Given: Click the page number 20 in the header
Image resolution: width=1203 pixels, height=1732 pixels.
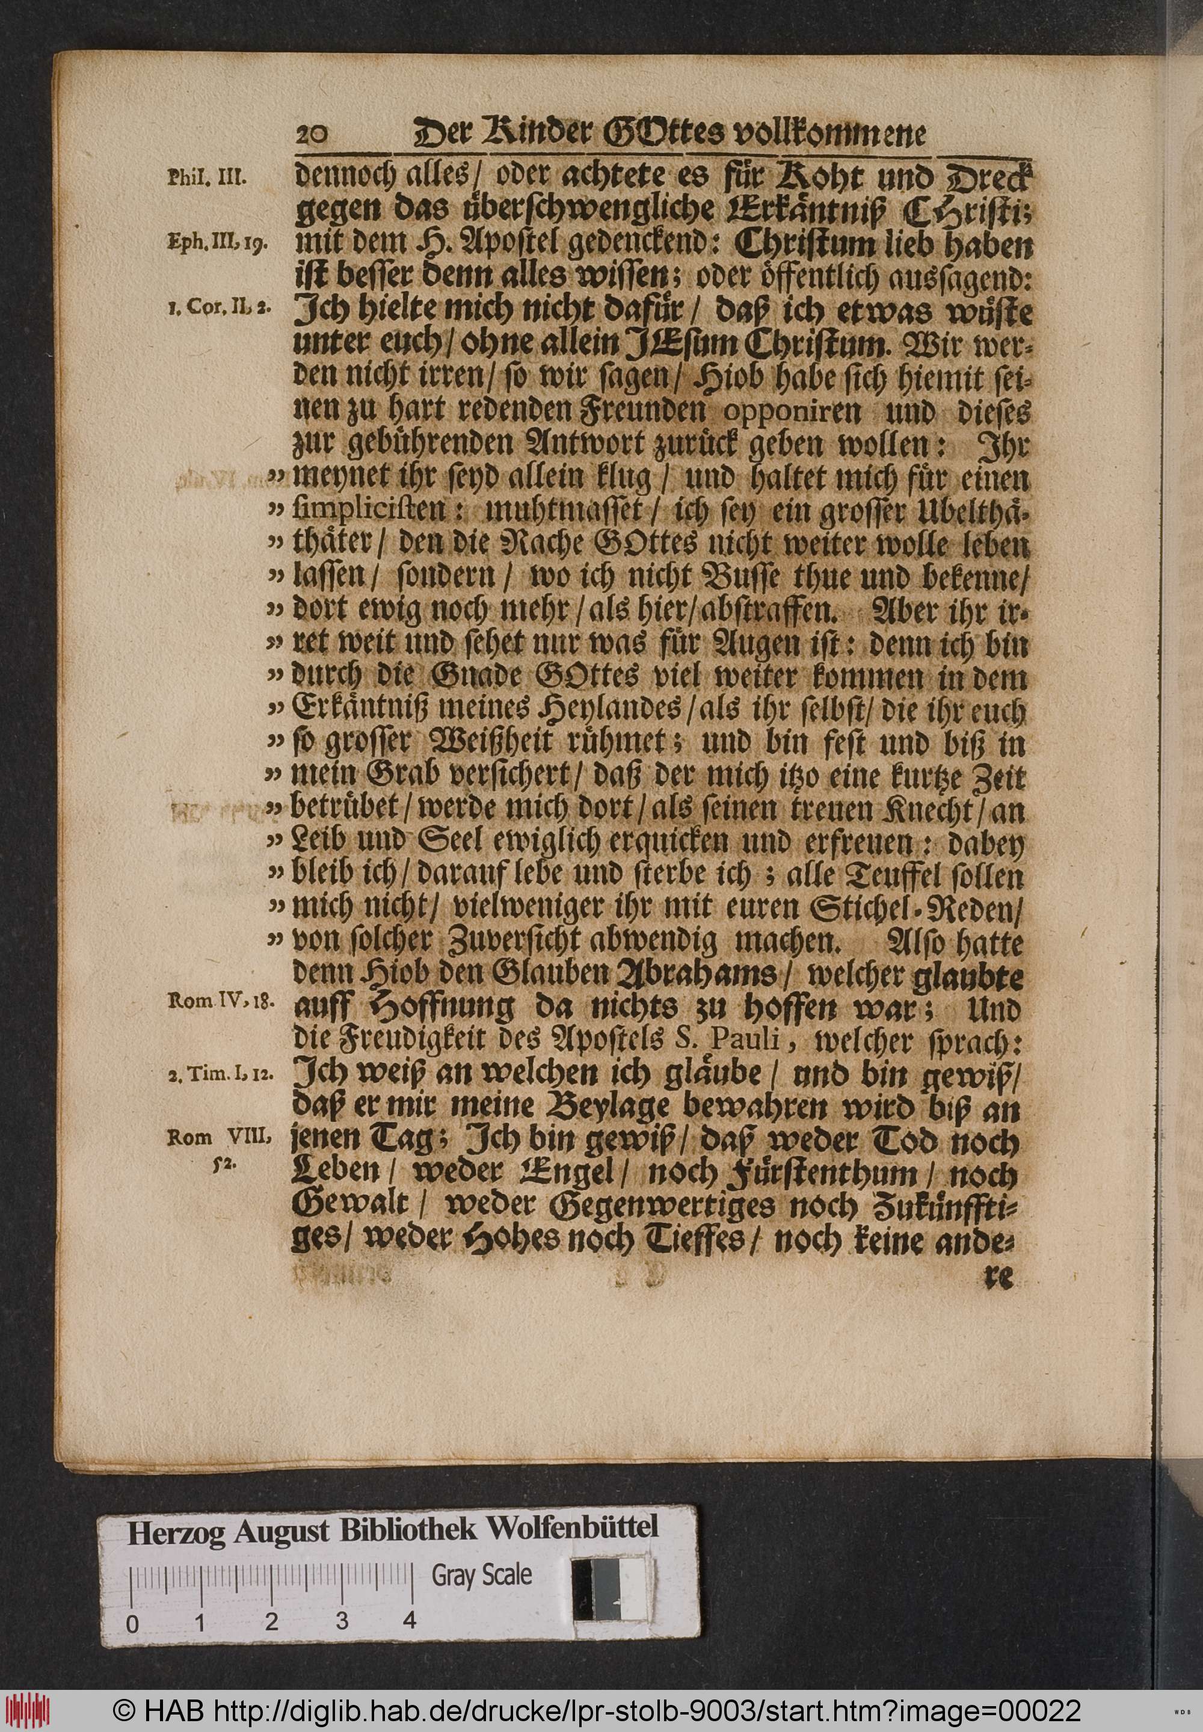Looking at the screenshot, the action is click(310, 136).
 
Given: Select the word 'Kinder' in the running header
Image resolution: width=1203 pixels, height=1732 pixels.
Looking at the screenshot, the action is click(513, 136).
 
